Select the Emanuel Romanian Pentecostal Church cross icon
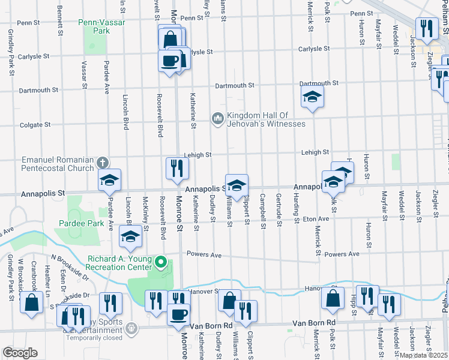[x=103, y=162]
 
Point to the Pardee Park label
[x=82, y=223]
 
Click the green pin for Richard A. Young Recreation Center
[x=160, y=262]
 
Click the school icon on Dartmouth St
[x=312, y=96]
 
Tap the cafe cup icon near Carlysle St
[x=170, y=59]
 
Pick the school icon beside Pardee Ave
[x=109, y=179]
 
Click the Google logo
[x=20, y=352]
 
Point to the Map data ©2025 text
[x=424, y=355]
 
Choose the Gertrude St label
[x=279, y=211]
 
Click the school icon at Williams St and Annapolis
[x=237, y=185]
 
